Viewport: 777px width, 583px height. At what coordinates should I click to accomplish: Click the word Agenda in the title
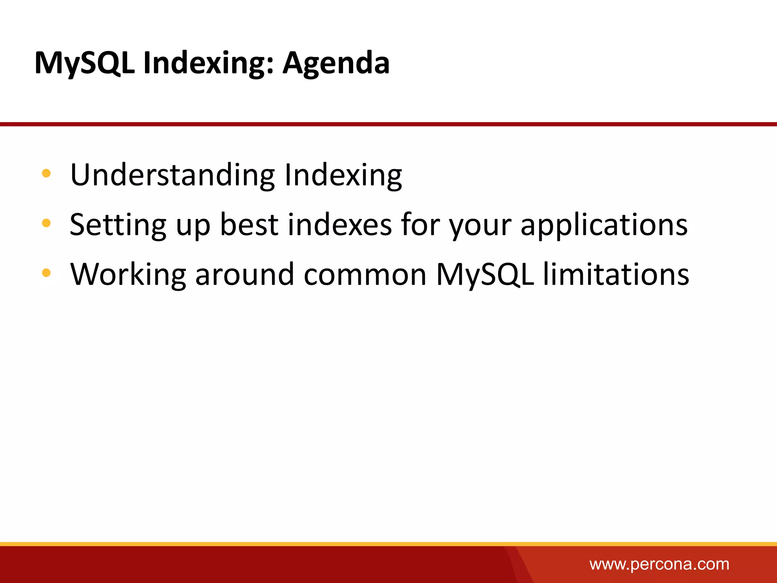click(x=336, y=63)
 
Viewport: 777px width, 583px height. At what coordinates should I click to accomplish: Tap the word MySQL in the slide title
click(x=84, y=63)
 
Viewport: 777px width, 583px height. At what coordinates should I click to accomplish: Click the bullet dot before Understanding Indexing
click(x=46, y=174)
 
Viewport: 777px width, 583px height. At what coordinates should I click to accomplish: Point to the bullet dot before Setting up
click(x=46, y=223)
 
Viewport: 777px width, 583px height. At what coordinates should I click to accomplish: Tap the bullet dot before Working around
click(x=46, y=273)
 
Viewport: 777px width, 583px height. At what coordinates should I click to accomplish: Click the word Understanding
click(x=172, y=175)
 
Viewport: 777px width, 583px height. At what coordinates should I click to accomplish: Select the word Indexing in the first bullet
click(x=343, y=175)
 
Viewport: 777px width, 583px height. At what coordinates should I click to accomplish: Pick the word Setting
click(x=118, y=225)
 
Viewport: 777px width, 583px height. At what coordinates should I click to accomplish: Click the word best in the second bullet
click(x=249, y=225)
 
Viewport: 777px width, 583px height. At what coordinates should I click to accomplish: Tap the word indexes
click(x=340, y=225)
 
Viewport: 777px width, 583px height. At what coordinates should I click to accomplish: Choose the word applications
click(x=604, y=225)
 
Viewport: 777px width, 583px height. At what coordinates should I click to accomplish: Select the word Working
click(x=128, y=275)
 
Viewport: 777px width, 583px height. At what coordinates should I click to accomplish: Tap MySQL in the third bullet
click(x=485, y=275)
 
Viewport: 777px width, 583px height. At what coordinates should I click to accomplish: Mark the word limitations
click(x=616, y=275)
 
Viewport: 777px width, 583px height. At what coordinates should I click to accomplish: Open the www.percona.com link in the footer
click(x=659, y=564)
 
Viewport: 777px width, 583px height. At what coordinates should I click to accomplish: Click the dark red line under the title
click(x=388, y=124)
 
